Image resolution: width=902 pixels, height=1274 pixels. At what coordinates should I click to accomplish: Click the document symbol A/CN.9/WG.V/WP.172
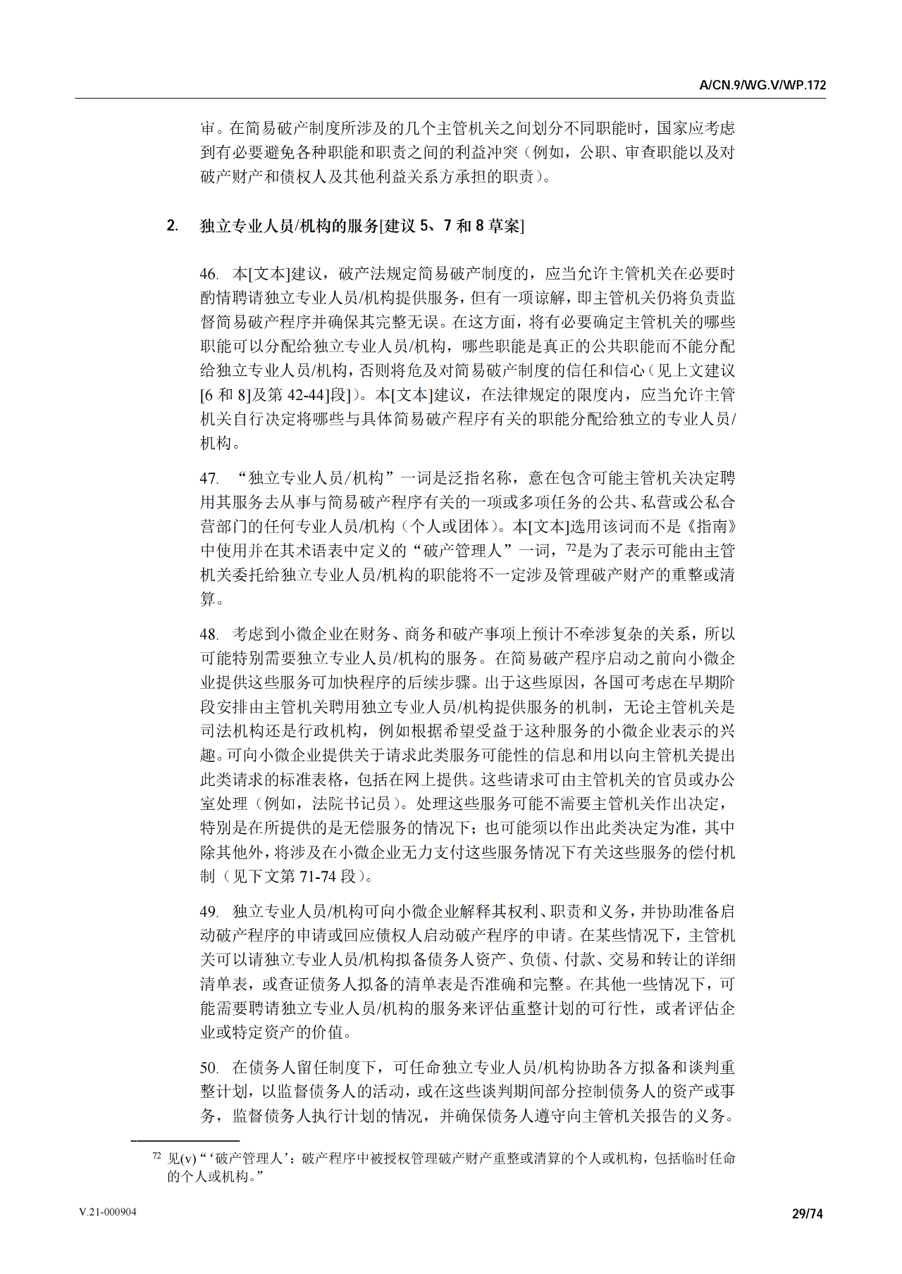pos(762,85)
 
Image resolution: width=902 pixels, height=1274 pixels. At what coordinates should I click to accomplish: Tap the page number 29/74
pos(807,1213)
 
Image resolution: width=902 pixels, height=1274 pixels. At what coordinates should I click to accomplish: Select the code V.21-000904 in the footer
pos(108,1212)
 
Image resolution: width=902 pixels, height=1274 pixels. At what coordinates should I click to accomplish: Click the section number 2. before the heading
pos(172,225)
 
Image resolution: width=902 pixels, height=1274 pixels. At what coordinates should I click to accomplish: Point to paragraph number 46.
pos(209,274)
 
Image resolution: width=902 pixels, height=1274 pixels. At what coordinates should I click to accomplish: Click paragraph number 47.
pos(209,478)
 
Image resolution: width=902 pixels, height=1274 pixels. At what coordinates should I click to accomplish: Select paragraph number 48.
pos(209,635)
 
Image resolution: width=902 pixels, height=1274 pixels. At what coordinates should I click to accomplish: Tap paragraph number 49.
pos(209,912)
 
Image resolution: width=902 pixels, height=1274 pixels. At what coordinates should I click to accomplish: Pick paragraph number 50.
pos(209,1068)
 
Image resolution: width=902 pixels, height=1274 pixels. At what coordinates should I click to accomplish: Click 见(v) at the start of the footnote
pos(182,1159)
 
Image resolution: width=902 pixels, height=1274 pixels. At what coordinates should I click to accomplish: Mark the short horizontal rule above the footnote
pos(185,1140)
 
